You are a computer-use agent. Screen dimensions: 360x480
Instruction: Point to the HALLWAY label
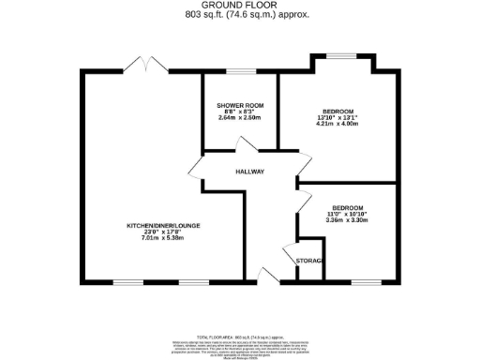pos(250,172)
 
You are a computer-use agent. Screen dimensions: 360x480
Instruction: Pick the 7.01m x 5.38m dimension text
pos(164,239)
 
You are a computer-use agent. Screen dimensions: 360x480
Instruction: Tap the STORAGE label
pos(309,260)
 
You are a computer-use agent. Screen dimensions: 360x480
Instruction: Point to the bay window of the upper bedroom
pos(340,59)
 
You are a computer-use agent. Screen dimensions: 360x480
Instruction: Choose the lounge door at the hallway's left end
pos(194,169)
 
